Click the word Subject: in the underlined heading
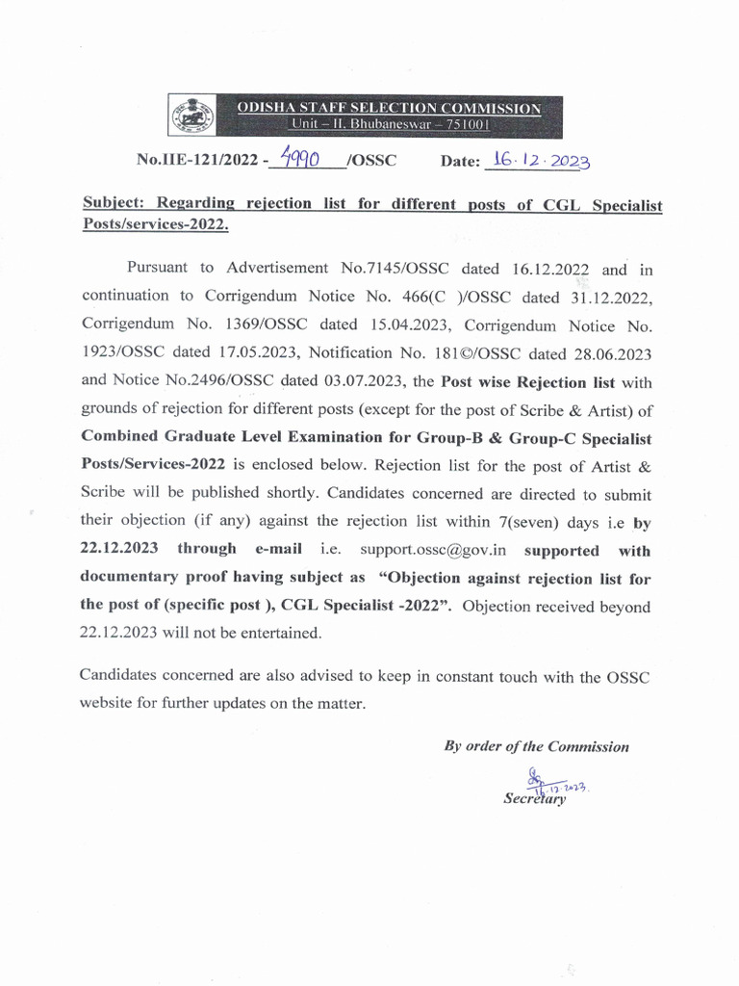point(118,204)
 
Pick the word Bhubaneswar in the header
point(397,125)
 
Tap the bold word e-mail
point(278,549)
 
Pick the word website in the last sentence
point(107,703)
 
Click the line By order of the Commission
point(536,746)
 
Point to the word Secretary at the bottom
point(535,798)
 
